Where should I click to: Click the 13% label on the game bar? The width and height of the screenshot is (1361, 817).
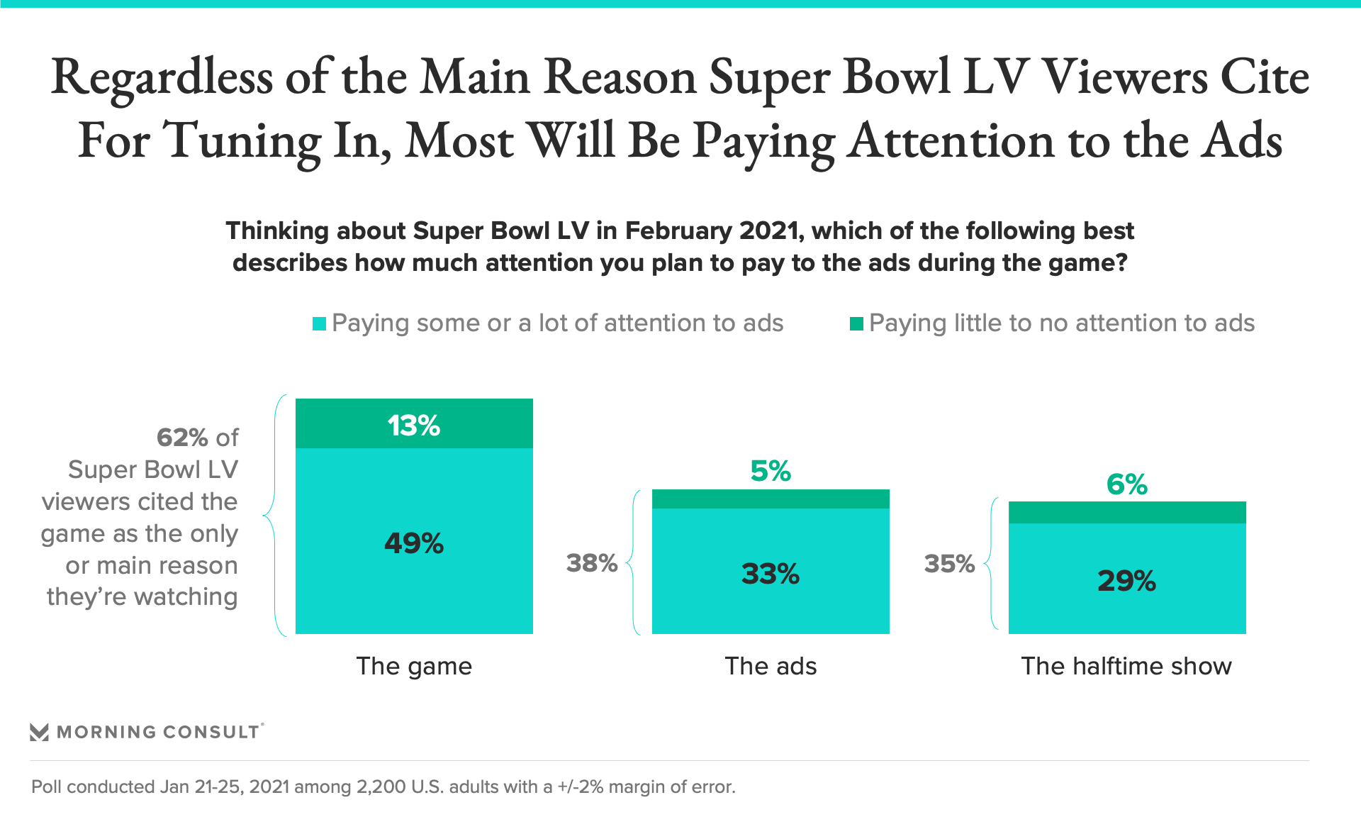414,426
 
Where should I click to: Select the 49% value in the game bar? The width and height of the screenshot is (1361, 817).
414,543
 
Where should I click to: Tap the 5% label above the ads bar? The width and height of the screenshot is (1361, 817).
771,471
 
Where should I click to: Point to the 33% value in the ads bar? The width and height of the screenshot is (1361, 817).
771,574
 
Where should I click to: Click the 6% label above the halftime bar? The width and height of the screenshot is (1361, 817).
1127,484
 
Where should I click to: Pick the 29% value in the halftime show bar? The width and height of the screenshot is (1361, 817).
1127,581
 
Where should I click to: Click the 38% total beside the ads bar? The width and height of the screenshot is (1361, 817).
592,563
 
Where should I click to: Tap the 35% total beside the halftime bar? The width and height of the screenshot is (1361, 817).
949,564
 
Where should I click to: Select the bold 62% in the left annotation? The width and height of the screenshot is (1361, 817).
182,438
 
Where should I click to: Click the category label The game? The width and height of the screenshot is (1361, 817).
414,666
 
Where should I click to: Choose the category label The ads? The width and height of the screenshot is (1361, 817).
771,666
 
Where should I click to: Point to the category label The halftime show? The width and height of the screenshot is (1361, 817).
1126,666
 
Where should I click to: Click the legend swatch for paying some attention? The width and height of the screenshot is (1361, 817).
320,324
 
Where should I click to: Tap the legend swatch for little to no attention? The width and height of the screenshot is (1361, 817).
856,324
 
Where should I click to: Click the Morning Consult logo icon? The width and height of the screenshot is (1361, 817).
40,732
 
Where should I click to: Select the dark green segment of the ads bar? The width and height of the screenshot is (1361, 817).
771,499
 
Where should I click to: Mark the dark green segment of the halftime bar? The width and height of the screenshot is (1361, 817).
1127,512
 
